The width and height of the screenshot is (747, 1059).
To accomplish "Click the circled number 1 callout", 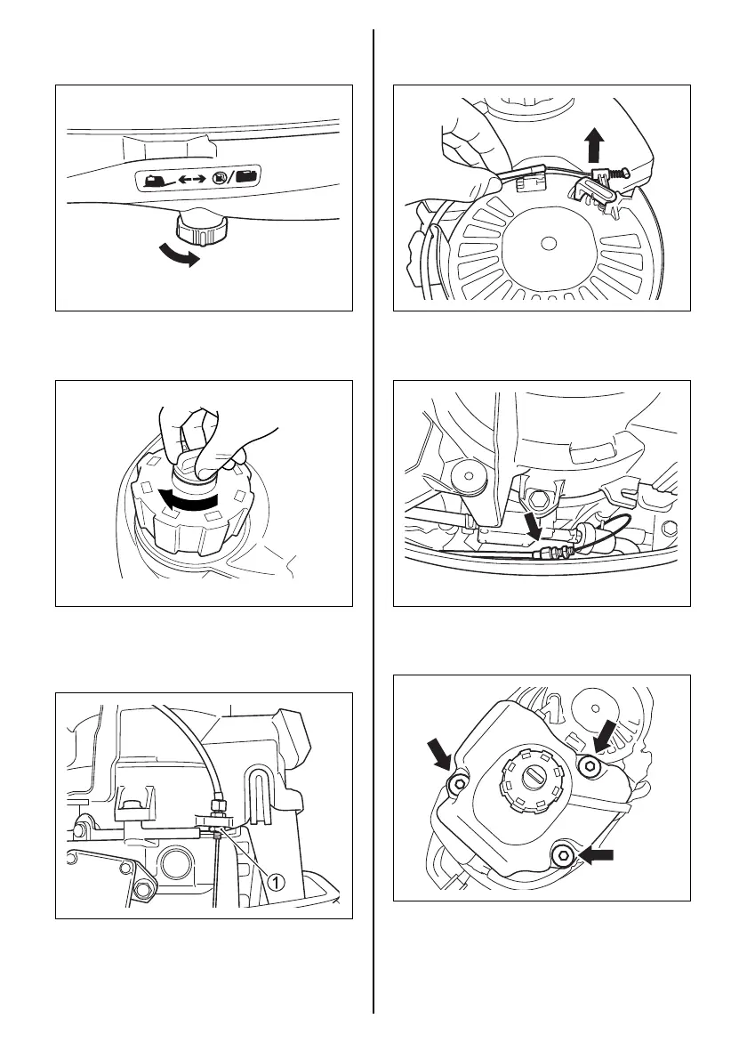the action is coord(277,881).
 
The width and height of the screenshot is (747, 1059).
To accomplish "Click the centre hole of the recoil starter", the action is coord(548,242).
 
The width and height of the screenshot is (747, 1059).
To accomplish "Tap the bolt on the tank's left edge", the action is coord(458,782).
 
